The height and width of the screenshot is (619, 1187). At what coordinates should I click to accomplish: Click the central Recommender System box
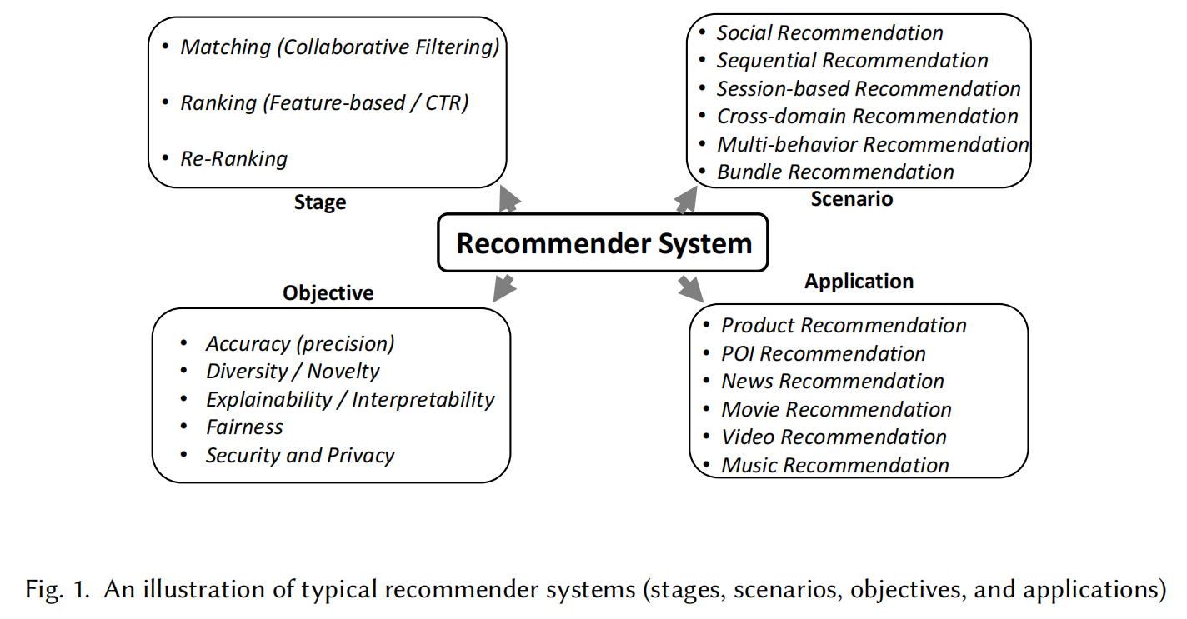(603, 243)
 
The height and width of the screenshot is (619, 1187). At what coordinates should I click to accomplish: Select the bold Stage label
(320, 202)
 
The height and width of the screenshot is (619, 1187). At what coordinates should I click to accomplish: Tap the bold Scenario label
(852, 199)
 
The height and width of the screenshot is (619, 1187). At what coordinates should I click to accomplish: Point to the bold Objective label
(328, 292)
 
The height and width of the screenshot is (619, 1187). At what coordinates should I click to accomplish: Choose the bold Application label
(859, 281)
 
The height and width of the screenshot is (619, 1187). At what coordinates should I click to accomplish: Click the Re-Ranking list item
(233, 158)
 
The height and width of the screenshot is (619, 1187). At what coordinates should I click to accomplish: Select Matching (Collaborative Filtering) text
(339, 47)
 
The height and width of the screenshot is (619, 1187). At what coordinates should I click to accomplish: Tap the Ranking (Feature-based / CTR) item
(324, 102)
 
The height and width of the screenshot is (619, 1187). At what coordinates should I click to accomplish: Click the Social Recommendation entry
(830, 32)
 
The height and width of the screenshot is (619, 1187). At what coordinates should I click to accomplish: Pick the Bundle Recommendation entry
(835, 172)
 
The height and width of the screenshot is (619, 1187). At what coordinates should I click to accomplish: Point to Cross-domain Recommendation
(868, 117)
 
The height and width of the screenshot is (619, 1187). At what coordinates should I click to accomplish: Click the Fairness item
(244, 427)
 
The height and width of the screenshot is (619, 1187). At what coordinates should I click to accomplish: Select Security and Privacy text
(300, 456)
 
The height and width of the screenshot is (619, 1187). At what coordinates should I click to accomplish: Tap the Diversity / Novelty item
(293, 372)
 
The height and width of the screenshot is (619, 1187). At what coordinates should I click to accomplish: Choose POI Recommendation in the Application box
(824, 354)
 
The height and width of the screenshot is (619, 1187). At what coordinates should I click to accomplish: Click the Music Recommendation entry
(835, 466)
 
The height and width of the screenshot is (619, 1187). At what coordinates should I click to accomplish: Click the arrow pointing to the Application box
(691, 288)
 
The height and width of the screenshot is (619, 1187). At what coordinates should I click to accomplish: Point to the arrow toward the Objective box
(504, 288)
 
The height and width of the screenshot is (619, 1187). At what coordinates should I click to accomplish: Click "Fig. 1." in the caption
(58, 590)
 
